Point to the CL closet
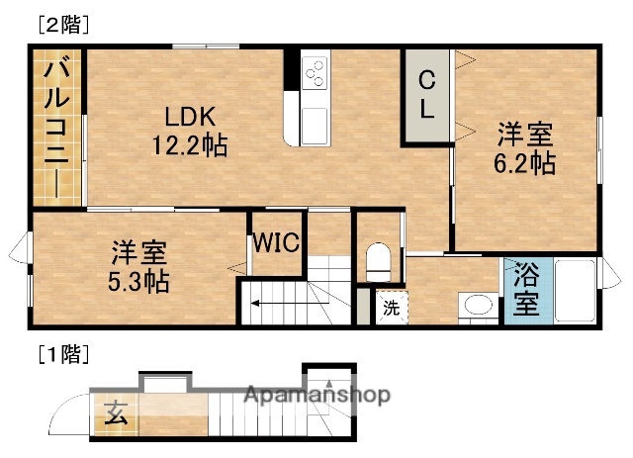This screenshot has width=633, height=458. point(426,95)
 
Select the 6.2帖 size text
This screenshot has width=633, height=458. point(524,163)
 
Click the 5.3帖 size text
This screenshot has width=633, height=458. point(138,281)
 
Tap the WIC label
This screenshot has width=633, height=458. point(276,243)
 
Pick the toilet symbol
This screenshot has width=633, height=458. point(379,262)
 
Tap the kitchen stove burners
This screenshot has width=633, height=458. point(316,73)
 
